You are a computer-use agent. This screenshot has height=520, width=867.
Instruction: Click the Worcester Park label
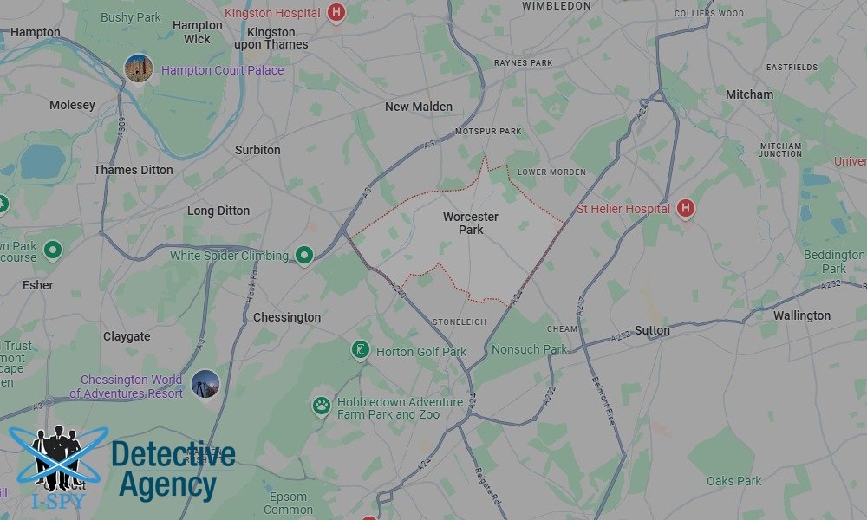470,224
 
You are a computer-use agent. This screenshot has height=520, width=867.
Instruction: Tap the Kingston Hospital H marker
336,13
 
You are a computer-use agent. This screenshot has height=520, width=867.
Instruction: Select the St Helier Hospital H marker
686,208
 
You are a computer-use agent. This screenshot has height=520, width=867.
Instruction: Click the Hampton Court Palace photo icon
138,68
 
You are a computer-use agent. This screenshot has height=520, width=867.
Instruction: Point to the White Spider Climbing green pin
303,255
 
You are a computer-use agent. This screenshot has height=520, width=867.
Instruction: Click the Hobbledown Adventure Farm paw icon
322,405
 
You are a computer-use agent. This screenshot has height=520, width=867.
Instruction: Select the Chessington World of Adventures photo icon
205,384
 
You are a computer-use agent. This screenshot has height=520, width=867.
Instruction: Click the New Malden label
419,107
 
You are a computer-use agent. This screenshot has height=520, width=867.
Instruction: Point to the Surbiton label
257,150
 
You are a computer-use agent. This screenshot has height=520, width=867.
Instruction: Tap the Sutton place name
652,330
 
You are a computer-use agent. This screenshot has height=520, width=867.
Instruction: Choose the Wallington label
802,315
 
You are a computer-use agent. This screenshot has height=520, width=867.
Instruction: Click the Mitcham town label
749,94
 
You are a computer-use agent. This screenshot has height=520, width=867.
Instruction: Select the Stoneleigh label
460,322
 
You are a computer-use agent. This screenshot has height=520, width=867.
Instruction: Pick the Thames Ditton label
134,170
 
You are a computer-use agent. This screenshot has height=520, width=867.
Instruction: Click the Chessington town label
287,317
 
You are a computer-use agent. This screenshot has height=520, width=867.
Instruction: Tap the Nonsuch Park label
529,349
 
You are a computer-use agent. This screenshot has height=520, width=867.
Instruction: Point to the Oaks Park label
733,481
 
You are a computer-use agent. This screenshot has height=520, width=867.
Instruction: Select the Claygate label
127,336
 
